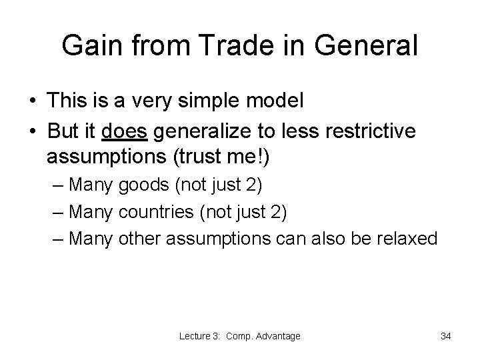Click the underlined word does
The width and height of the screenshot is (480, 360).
tap(125, 133)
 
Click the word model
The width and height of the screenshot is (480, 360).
tap(281, 101)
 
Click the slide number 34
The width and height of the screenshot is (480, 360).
tap(446, 337)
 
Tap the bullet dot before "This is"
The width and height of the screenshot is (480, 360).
tap(33, 102)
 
